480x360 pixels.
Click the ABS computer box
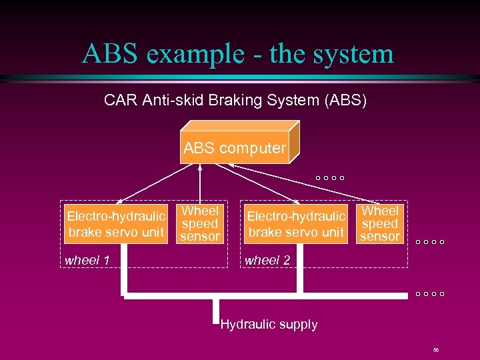coord(235,148)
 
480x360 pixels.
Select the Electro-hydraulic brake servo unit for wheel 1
coord(115,224)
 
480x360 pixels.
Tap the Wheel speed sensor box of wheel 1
coord(200,224)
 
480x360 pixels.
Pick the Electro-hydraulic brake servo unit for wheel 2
coord(296,224)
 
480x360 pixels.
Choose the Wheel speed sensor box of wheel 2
coord(379,224)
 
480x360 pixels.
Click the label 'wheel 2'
coord(267,260)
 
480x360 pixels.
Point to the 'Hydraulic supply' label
coord(269,325)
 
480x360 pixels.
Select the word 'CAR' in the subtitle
coord(120,101)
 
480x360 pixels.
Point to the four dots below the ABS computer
coord(330,178)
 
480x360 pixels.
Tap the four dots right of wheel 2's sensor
coord(430,242)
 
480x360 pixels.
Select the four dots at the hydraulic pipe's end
coord(430,294)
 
